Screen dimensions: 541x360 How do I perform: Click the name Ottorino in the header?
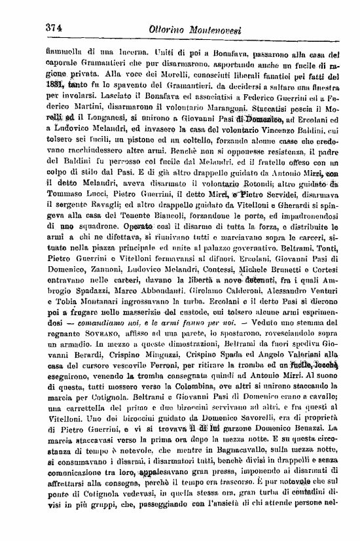pyautogui.click(x=173, y=29)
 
